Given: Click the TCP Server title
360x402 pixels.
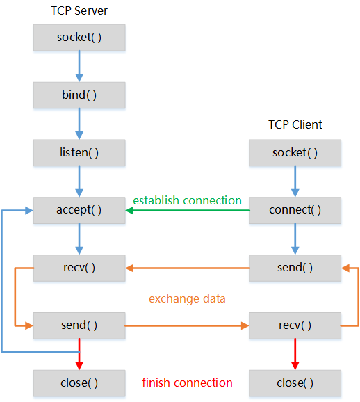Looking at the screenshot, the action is [79, 10].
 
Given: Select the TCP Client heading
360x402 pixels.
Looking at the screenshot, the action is [295, 125].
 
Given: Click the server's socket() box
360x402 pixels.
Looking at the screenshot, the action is [79, 38].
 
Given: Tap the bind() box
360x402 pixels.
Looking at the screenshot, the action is [79, 95].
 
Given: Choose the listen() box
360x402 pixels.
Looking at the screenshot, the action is [79, 152].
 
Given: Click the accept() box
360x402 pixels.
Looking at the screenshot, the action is [79, 210].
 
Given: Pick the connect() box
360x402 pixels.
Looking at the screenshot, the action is [295, 210].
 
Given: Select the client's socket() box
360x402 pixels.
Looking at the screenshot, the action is [295, 152].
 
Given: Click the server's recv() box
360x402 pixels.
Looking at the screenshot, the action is [79, 268].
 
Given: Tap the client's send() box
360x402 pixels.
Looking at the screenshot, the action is [295, 268].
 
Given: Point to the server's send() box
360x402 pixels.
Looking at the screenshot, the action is [79, 325].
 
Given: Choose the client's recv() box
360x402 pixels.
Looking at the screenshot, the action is [295, 325].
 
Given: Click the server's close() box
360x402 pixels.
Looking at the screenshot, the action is [79, 383].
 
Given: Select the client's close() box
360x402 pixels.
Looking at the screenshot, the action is [295, 383].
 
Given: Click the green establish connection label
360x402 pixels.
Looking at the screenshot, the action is [188, 200].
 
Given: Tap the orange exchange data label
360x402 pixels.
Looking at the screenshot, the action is [187, 299].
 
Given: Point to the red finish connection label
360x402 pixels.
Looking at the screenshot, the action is [188, 383].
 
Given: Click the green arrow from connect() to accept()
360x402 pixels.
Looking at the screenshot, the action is [188, 211].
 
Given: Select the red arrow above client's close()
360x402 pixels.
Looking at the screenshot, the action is [295, 354].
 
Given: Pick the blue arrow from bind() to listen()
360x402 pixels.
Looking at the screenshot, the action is [79, 124].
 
